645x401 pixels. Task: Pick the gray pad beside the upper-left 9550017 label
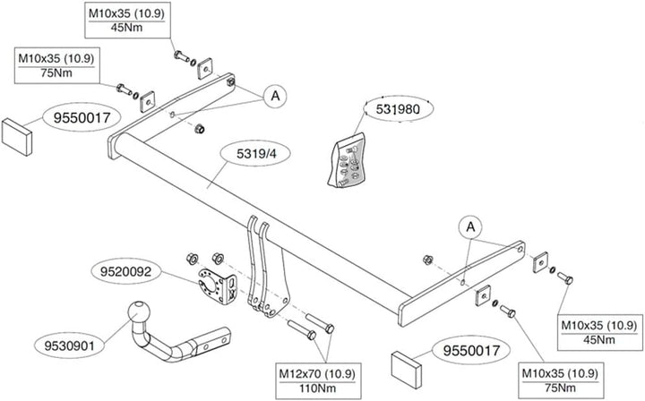(x=18, y=132)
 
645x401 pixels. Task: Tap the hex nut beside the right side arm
(x=429, y=260)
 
